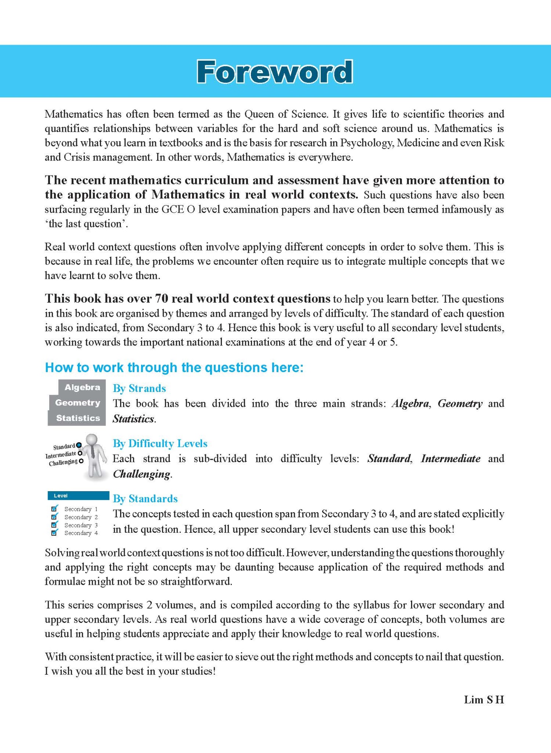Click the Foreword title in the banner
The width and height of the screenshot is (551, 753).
pyautogui.click(x=275, y=72)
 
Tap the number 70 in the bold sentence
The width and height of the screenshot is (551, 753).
pyautogui.click(x=161, y=298)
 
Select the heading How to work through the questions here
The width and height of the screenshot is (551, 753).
pyautogui.click(x=174, y=367)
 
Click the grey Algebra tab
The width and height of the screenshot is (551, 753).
pyautogui.click(x=82, y=387)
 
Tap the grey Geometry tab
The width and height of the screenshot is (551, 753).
pyautogui.click(x=77, y=403)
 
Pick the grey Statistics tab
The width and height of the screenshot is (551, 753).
pyautogui.click(x=78, y=418)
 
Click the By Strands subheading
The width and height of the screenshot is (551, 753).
pyautogui.click(x=139, y=388)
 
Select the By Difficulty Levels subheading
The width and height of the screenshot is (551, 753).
pyautogui.click(x=160, y=443)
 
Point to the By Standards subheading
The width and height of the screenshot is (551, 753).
pyautogui.click(x=145, y=498)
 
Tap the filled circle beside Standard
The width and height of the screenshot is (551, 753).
pyautogui.click(x=79, y=445)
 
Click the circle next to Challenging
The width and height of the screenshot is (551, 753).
pyautogui.click(x=81, y=461)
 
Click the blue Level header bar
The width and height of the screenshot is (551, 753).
pyautogui.click(x=78, y=495)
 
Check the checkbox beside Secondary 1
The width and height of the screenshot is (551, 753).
pyautogui.click(x=54, y=509)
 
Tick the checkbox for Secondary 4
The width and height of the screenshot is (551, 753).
pyautogui.click(x=54, y=533)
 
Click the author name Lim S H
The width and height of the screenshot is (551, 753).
pyautogui.click(x=484, y=700)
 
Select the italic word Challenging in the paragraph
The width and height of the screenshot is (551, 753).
pyautogui.click(x=141, y=474)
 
